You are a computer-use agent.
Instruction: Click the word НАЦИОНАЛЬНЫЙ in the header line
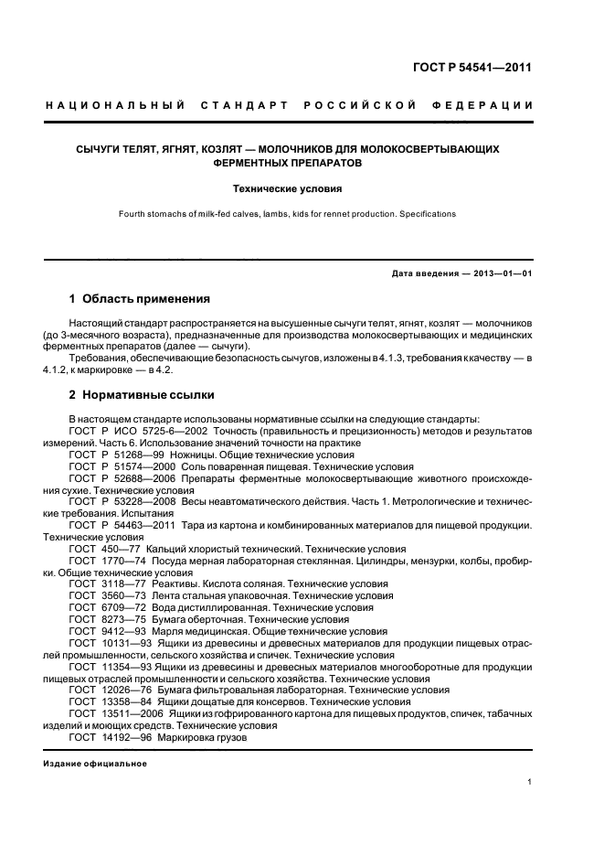pos(115,106)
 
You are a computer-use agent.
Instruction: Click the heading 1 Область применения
pos(140,299)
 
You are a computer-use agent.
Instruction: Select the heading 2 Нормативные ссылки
pos(142,395)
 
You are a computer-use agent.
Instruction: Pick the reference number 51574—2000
pos(139,466)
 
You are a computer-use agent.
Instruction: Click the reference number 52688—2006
pos(139,478)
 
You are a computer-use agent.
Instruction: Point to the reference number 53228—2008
pos(139,502)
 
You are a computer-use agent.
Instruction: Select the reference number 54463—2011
pos(139,526)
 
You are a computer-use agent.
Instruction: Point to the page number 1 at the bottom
pos(530,782)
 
